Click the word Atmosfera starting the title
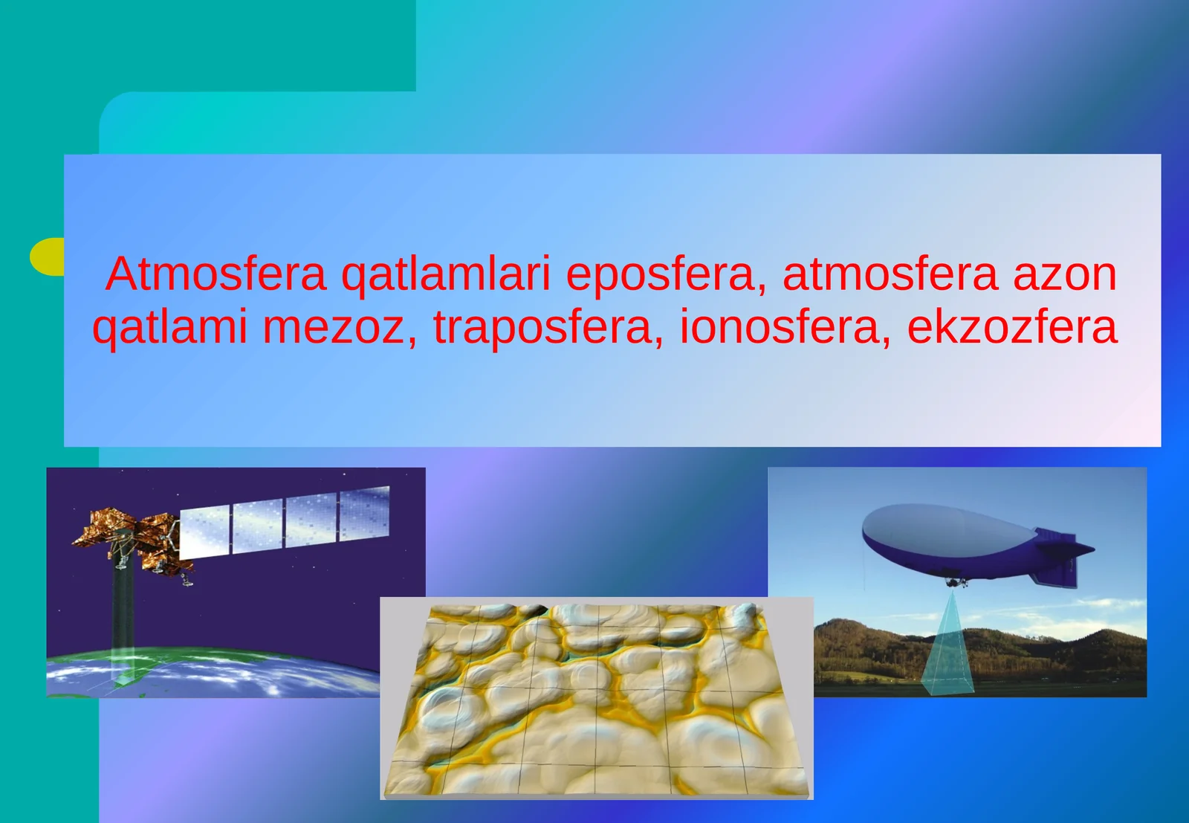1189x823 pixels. [x=216, y=274]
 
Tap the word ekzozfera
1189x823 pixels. [x=1012, y=327]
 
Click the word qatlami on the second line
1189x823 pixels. [x=169, y=327]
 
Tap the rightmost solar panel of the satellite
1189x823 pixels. [x=365, y=513]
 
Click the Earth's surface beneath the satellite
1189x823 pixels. [x=223, y=673]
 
